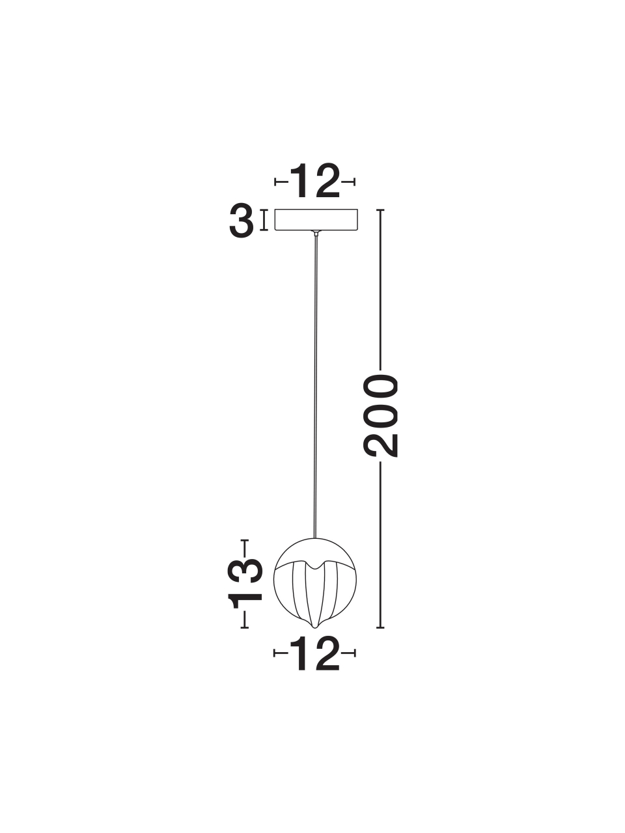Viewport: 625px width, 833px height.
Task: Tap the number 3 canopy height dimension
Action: point(242,221)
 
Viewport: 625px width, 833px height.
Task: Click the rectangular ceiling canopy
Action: point(316,219)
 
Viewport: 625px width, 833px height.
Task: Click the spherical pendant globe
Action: point(315,582)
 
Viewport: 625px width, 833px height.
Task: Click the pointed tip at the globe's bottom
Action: point(315,627)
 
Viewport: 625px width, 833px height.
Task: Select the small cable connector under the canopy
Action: point(316,232)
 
